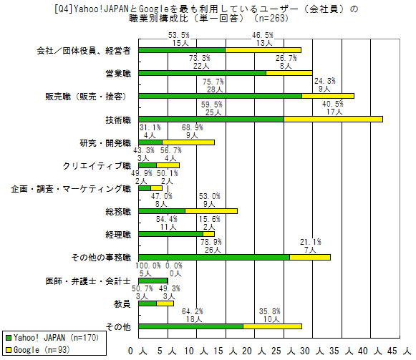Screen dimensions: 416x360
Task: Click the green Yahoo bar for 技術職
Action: [x=211, y=120]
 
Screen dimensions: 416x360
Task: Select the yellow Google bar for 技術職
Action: [x=333, y=120]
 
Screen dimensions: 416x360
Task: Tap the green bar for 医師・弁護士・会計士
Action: [x=153, y=281]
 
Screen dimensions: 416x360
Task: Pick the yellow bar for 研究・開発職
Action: [x=188, y=142]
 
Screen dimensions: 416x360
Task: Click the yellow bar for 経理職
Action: [x=208, y=234]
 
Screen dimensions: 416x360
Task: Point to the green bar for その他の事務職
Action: [x=214, y=257]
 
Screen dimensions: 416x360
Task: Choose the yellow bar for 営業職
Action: [x=289, y=73]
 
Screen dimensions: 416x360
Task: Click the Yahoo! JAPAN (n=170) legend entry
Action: [x=52, y=338]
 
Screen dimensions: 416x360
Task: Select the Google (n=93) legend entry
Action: [x=38, y=350]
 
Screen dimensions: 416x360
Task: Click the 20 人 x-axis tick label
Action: [x=253, y=351]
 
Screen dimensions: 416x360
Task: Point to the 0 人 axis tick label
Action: [x=137, y=351]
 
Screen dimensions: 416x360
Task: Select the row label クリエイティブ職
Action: [x=97, y=166]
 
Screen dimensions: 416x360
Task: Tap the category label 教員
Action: [x=122, y=304]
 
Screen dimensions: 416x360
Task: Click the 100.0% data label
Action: [x=149, y=266]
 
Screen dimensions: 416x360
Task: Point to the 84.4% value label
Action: [x=167, y=219]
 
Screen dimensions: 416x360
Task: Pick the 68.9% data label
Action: [x=193, y=127]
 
